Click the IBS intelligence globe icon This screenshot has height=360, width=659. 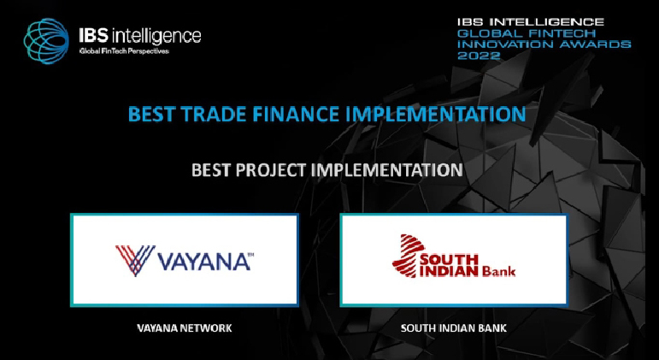coord(46,41)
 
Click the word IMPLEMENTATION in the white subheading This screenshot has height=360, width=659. coord(386,170)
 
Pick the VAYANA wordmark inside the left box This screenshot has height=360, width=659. coord(204,261)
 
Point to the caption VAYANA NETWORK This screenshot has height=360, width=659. coord(185,328)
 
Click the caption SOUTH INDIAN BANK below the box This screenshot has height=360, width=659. coord(454,328)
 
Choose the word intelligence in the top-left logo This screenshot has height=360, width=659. coord(156,37)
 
